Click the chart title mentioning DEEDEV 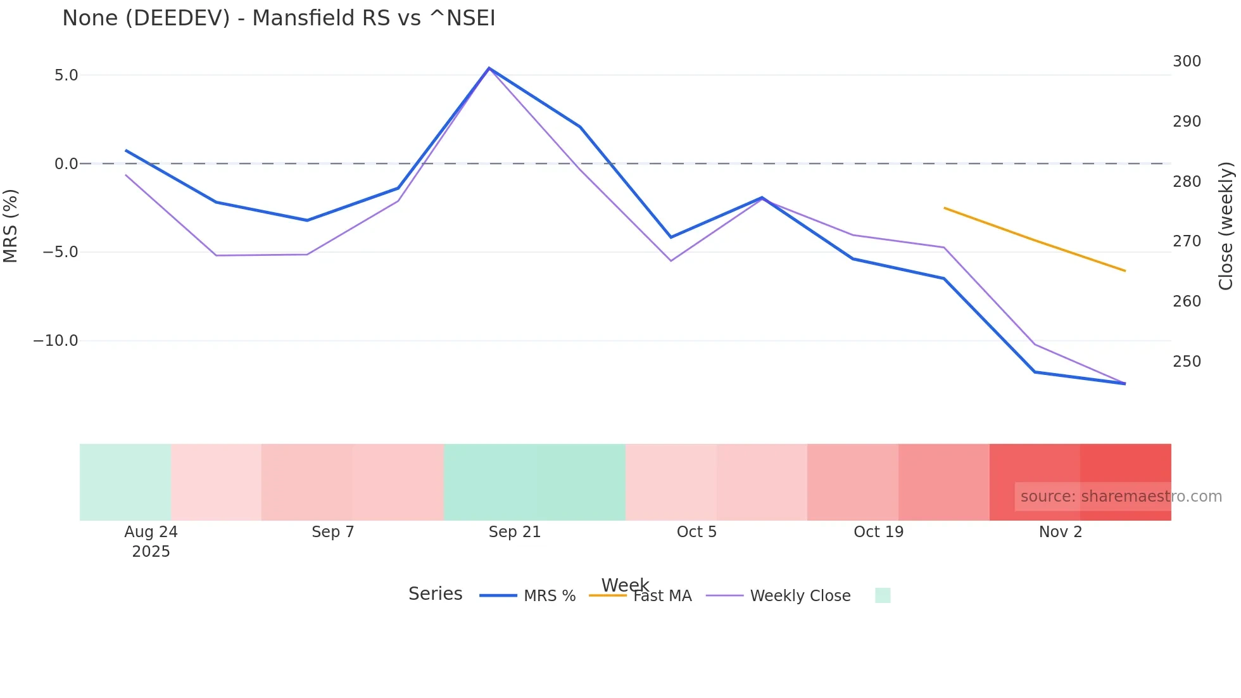(279, 18)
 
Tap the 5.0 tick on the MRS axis (66, 75)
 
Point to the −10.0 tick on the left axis (56, 341)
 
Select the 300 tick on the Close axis (1187, 61)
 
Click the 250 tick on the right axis (1187, 362)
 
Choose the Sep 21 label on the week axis (514, 532)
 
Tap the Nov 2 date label (1061, 532)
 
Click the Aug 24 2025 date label (151, 541)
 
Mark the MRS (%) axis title (11, 226)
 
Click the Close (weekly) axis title (1226, 226)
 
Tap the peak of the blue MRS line (489, 68)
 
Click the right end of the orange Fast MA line (1125, 271)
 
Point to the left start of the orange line (944, 208)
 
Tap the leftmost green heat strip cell (125, 482)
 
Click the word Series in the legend (435, 594)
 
